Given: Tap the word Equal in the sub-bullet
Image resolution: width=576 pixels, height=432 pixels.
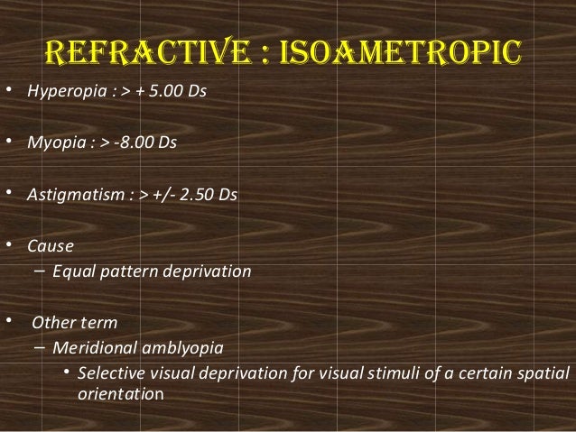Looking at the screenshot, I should (x=73, y=269).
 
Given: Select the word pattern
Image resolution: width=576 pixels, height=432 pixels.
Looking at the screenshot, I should (x=125, y=269).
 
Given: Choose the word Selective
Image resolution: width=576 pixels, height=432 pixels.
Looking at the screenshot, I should (x=107, y=373).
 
